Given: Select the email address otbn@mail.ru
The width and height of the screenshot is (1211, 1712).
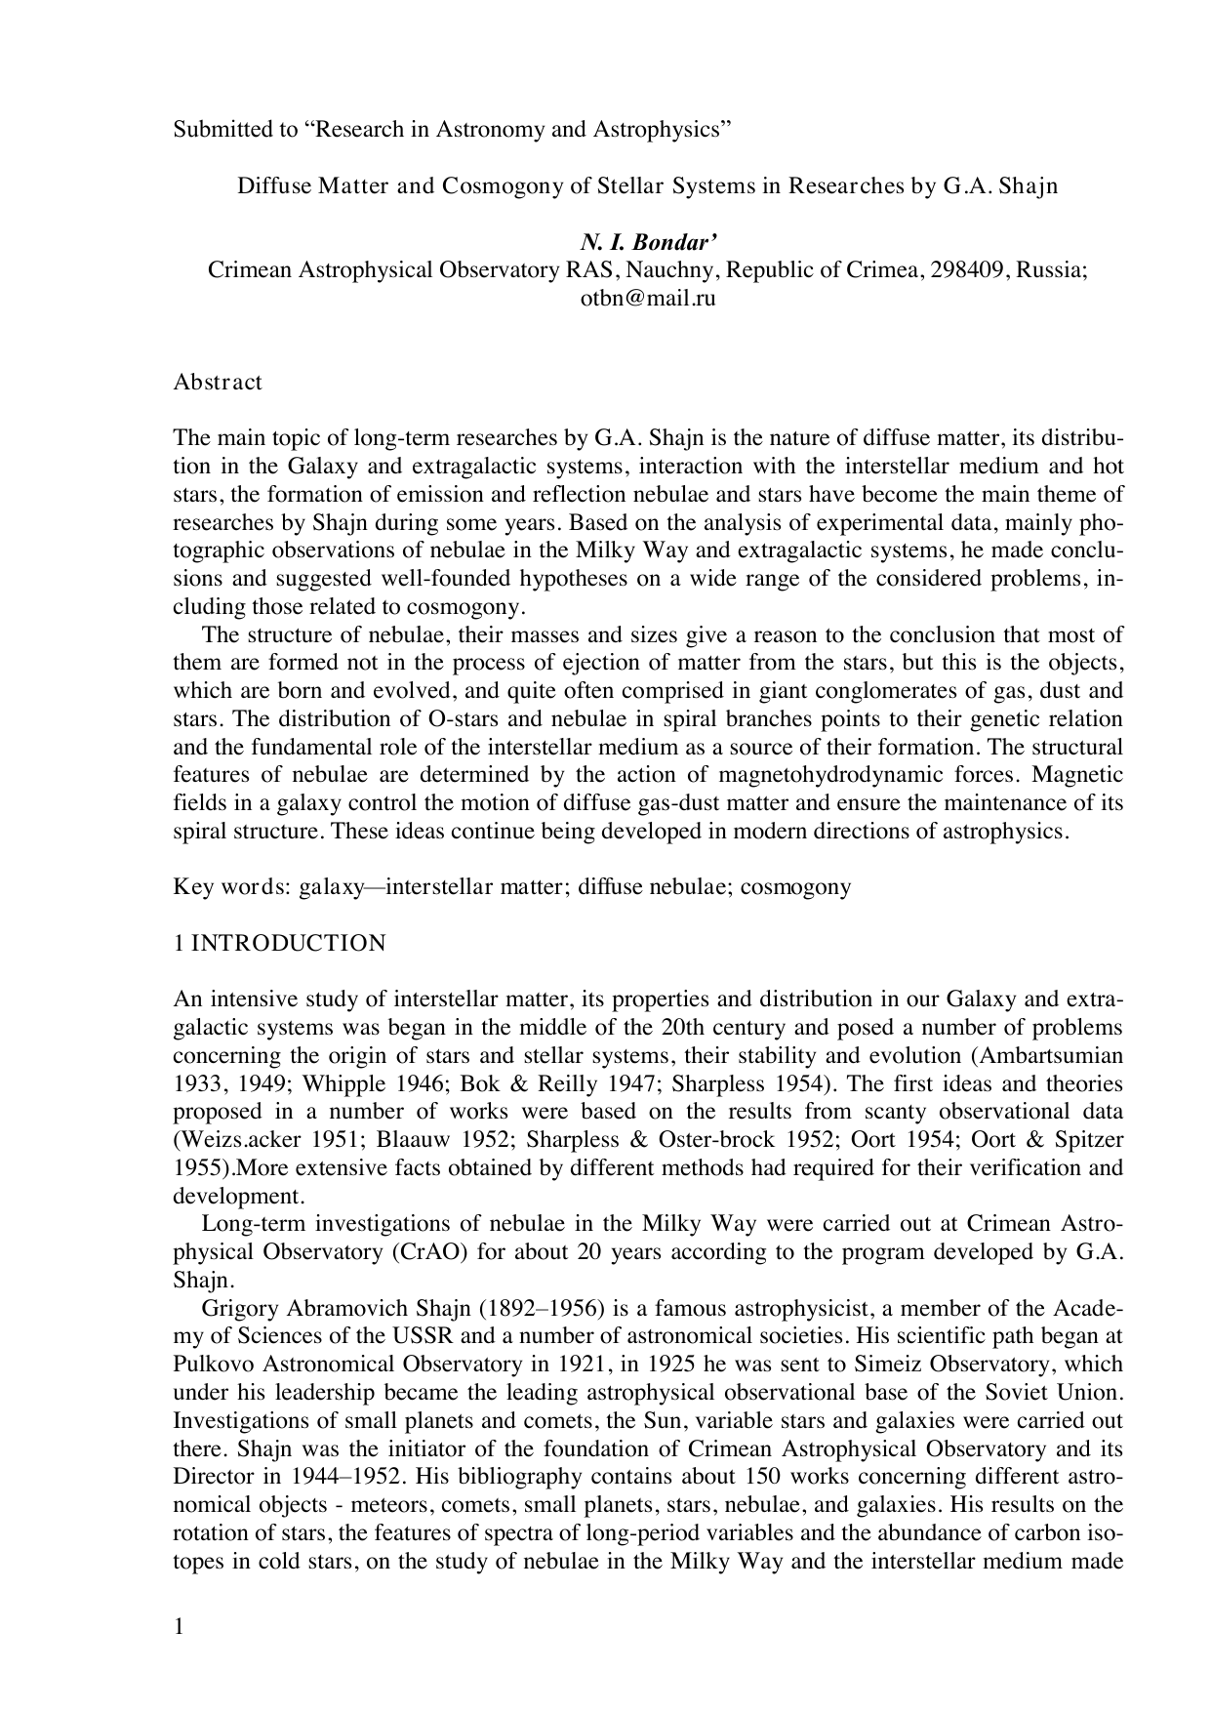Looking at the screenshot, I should pos(648,299).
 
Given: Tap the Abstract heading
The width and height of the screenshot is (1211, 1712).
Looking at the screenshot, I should pos(218,382).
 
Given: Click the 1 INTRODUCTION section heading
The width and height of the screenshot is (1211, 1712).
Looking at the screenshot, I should pos(279,943).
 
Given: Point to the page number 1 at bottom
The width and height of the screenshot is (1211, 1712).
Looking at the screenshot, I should pos(179,1625).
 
